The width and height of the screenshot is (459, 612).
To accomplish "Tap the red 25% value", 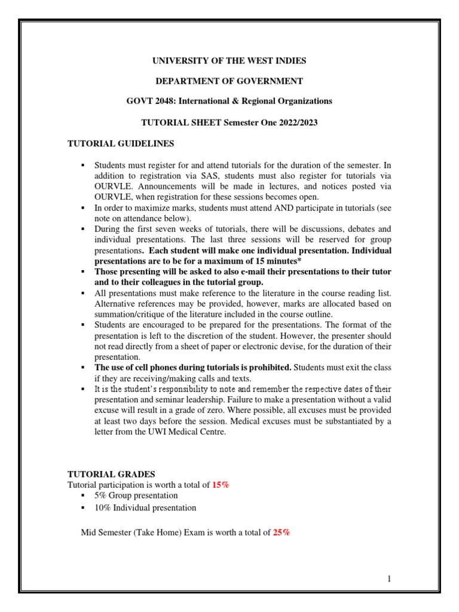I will (x=281, y=532).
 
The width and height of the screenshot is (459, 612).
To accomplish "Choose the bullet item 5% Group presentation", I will (x=136, y=495).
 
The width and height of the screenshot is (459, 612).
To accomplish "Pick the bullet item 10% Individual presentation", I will (x=145, y=507).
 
